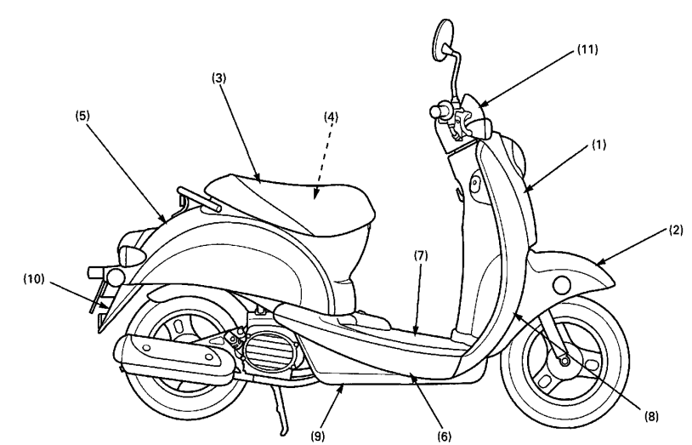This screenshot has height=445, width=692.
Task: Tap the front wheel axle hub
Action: coord(562,361)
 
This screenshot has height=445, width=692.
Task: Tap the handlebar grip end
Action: coord(439,111)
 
